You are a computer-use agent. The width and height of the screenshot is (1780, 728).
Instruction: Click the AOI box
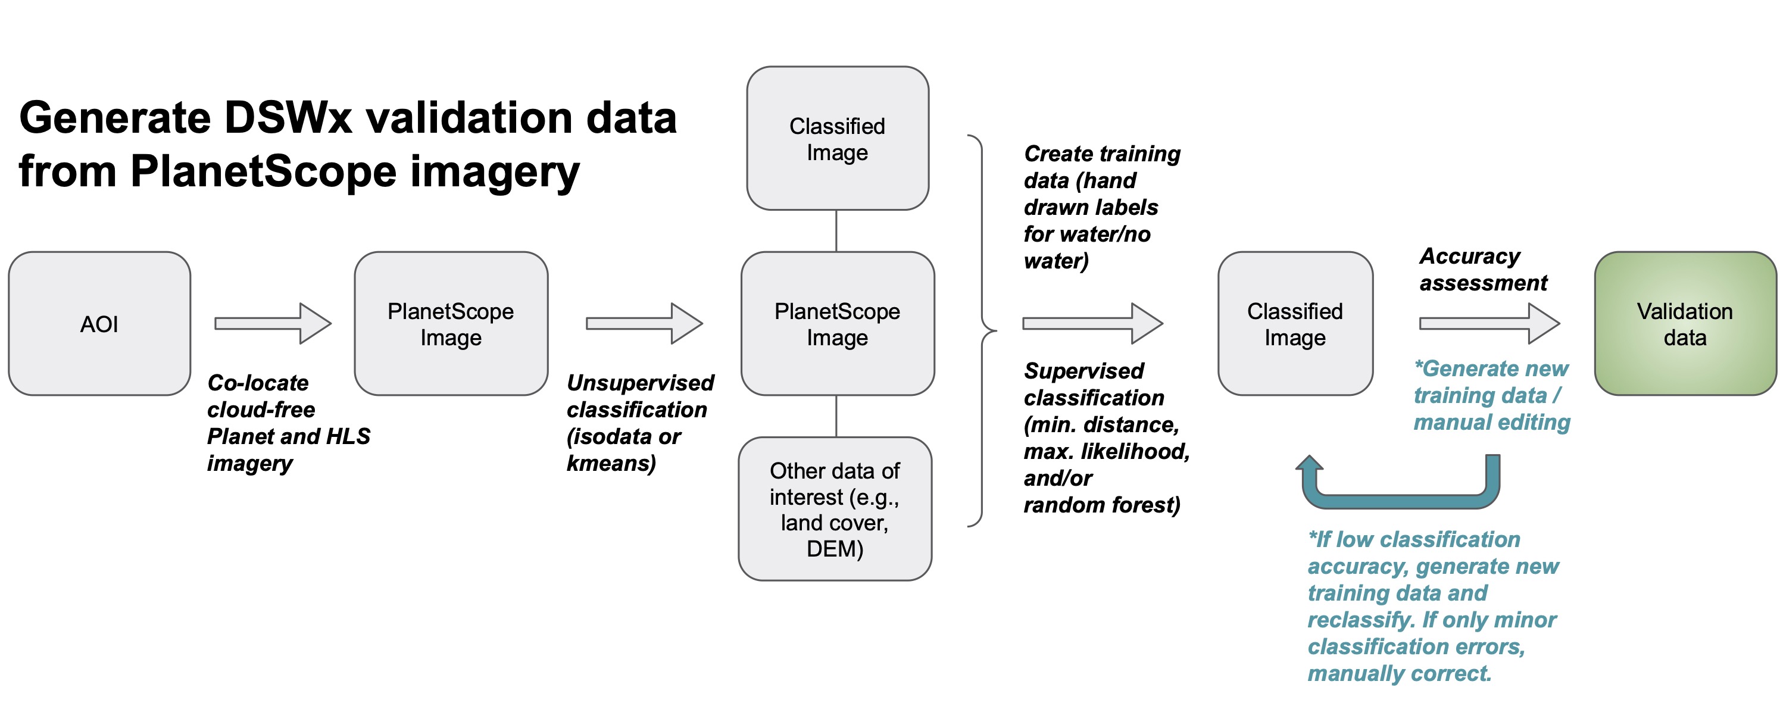coord(99,323)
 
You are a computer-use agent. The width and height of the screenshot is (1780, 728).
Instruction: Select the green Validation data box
coord(1684,323)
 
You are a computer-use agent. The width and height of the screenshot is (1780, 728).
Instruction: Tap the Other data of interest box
coord(835,508)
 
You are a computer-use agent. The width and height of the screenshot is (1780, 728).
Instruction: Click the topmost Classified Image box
coord(837,138)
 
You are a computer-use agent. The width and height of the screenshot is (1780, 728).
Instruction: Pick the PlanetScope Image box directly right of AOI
coord(451,323)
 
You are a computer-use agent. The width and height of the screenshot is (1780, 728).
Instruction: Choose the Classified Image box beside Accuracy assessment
coord(1294,323)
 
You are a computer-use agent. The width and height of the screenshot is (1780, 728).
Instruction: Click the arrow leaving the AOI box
coord(272,323)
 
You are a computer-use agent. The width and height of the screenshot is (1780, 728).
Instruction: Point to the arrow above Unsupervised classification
coord(644,323)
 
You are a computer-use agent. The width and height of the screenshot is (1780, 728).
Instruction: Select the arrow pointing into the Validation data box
coord(1488,323)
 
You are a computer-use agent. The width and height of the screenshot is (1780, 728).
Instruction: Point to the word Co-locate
coord(258,383)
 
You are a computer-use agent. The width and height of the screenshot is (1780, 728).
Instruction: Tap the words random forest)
coord(1101,505)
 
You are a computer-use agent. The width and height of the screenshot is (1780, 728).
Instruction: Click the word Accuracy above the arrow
coord(1470,256)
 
